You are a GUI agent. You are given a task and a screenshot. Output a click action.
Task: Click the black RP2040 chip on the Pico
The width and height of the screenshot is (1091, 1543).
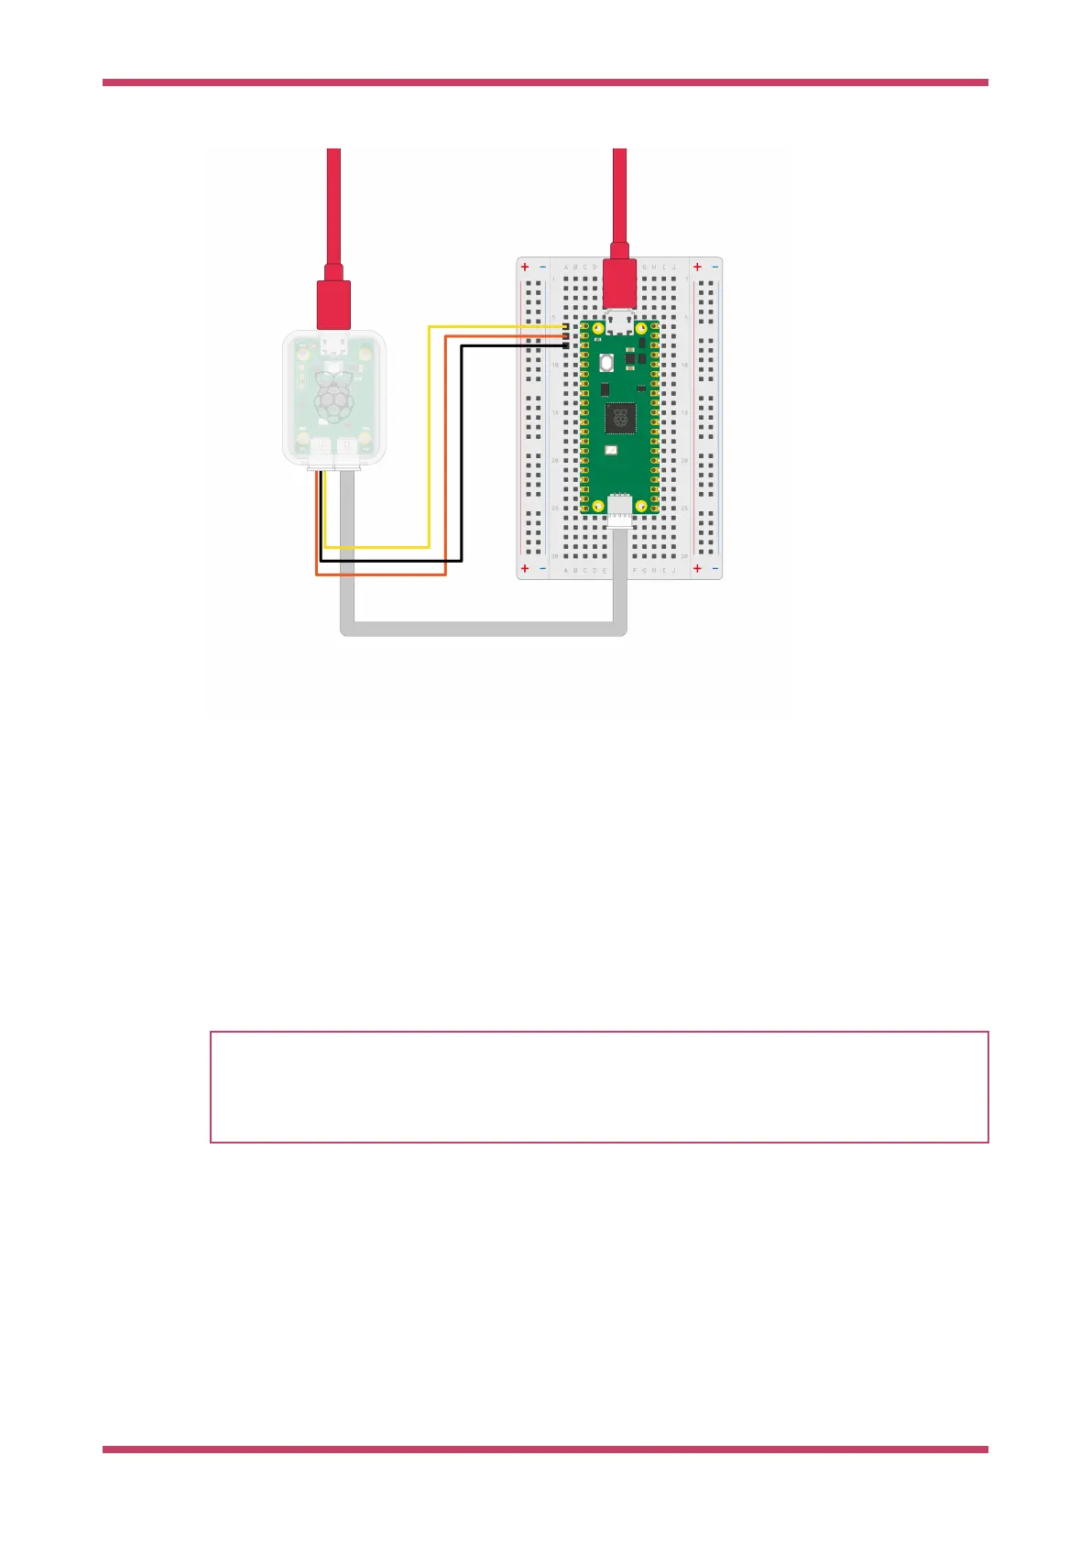coord(621,418)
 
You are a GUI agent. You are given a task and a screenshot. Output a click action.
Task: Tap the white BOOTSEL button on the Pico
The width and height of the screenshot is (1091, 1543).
coord(606,363)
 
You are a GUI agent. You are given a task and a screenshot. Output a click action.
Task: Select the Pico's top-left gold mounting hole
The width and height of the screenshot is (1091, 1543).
coord(597,327)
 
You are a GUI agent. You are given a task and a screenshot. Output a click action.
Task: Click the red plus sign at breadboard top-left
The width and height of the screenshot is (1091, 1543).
coord(525,268)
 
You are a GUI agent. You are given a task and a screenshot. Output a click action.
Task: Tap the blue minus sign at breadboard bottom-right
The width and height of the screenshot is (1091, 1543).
coord(715,569)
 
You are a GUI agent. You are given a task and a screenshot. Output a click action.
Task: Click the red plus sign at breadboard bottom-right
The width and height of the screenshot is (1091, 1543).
coord(697,569)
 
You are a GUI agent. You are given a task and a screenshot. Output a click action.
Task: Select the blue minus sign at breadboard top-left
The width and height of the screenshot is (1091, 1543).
coord(543,268)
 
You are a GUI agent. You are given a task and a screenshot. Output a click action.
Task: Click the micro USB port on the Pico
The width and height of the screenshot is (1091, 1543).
coord(620,322)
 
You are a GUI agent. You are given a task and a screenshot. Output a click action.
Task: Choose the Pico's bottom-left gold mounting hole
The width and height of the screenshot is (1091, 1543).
coord(597,505)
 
